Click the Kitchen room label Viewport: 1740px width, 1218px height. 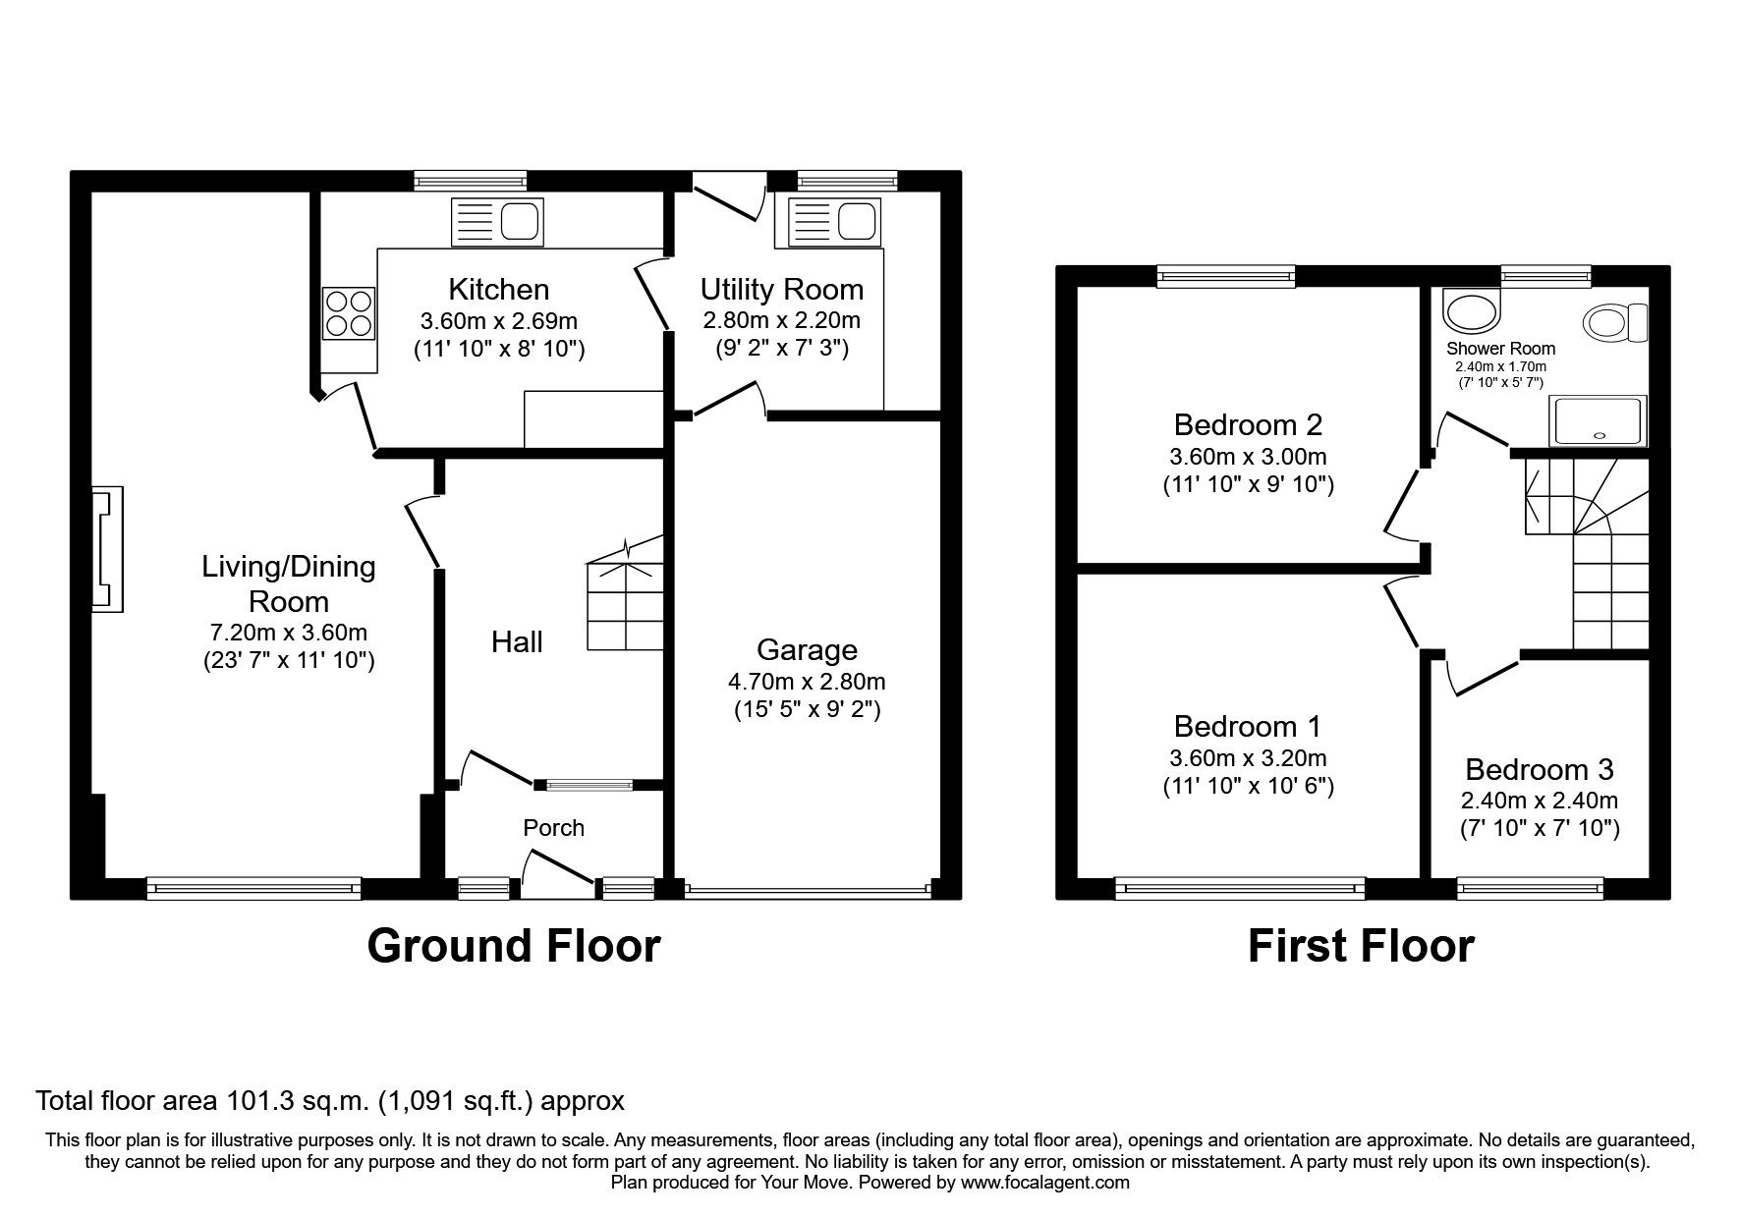click(498, 290)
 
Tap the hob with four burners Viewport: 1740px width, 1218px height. click(349, 312)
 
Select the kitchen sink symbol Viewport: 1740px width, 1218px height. click(497, 222)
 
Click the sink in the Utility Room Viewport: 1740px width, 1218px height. click(831, 222)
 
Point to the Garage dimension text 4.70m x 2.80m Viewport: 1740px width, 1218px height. click(807, 681)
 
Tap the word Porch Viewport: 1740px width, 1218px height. click(553, 828)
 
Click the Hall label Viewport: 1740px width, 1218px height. click(517, 642)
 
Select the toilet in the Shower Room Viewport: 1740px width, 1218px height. click(1614, 323)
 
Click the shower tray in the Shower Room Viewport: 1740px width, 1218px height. click(1597, 420)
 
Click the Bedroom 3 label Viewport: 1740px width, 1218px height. click(1539, 769)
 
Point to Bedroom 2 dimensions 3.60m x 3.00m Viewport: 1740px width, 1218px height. click(1248, 457)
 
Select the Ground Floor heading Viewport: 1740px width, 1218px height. click(513, 946)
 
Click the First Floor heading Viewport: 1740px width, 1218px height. click(1361, 946)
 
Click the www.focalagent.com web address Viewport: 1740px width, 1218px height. click(1045, 1183)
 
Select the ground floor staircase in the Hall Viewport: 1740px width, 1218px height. click(626, 604)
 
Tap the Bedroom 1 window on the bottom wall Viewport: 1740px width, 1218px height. click(1240, 889)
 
